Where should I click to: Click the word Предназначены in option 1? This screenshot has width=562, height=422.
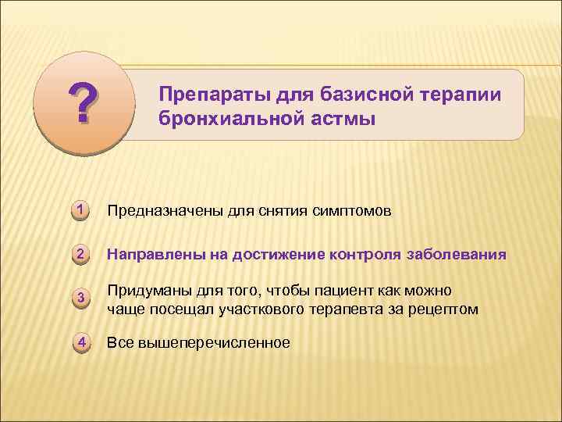click(x=164, y=211)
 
